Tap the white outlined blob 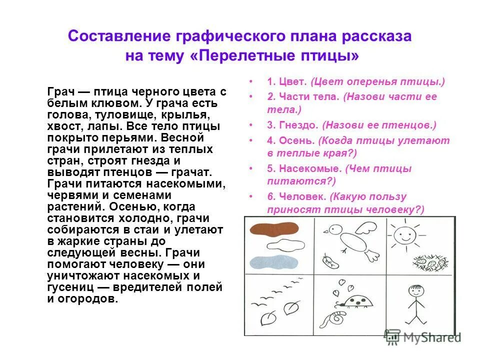point(276,245)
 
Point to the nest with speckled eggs point(430,261)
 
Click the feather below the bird point(328,261)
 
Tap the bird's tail point(372,255)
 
